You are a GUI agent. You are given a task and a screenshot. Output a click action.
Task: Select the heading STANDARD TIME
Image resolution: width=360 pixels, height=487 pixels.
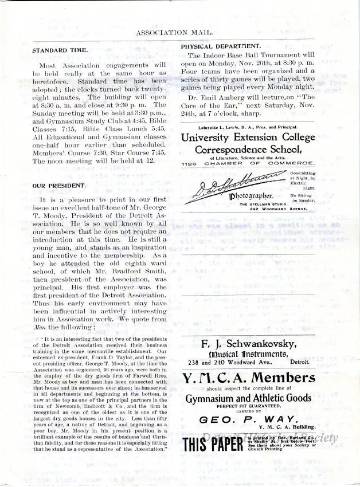pos(60,50)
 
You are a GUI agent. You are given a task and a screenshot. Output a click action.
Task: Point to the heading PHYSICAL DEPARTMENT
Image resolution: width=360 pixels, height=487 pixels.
pos(221,46)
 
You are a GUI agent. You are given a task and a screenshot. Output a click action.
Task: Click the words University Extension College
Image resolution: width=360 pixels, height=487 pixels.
pos(248,138)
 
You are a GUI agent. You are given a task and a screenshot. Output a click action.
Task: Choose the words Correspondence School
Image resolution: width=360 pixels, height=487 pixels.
pos(248,150)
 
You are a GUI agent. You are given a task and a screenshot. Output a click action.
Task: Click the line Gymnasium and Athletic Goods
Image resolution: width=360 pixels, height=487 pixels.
pos(248,398)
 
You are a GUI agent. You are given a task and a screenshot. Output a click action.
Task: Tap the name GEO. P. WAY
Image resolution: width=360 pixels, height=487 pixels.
pos(248,419)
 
